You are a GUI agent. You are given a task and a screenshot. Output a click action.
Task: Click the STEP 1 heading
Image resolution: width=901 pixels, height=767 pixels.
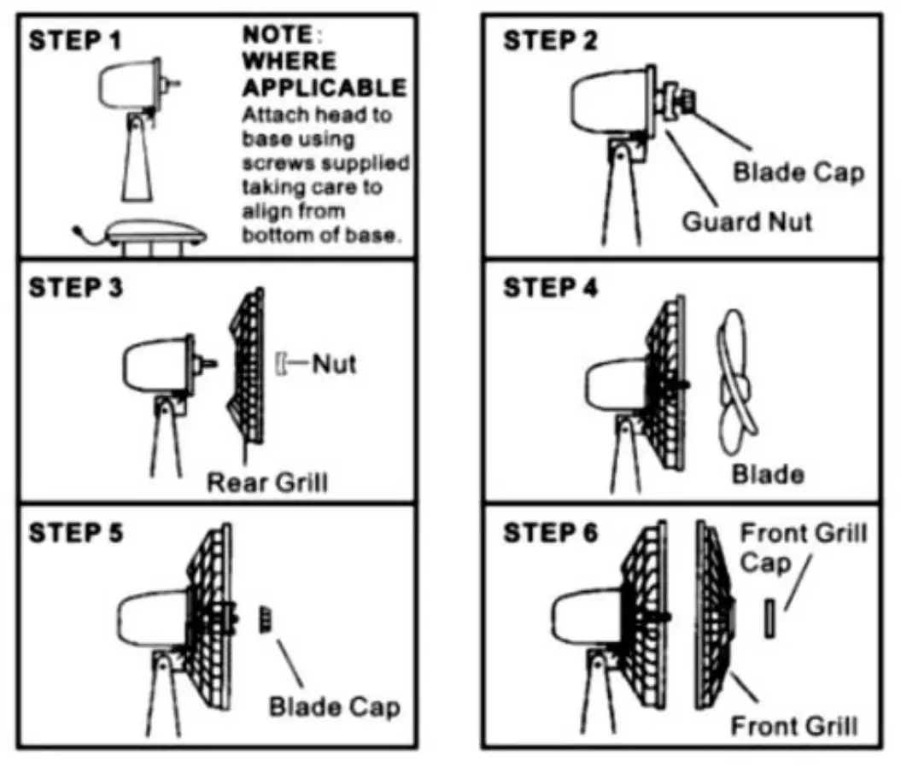(76, 42)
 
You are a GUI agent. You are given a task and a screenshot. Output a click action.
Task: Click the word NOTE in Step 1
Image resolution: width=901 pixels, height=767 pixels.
(273, 36)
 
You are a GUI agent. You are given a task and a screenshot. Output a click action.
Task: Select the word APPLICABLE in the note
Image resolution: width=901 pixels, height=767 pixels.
(325, 87)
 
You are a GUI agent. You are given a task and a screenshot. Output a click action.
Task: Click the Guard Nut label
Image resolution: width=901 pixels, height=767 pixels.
(747, 222)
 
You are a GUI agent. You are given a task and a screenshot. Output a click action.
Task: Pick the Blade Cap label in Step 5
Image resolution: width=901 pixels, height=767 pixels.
(334, 707)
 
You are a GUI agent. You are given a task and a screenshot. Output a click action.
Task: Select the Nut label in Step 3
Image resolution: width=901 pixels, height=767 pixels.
(333, 364)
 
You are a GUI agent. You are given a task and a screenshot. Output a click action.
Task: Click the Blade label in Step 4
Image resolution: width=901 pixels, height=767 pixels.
(768, 473)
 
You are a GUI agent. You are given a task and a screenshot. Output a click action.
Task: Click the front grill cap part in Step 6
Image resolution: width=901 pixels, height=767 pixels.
(769, 618)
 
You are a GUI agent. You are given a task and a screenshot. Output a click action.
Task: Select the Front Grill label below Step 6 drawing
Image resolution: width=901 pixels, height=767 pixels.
(794, 726)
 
